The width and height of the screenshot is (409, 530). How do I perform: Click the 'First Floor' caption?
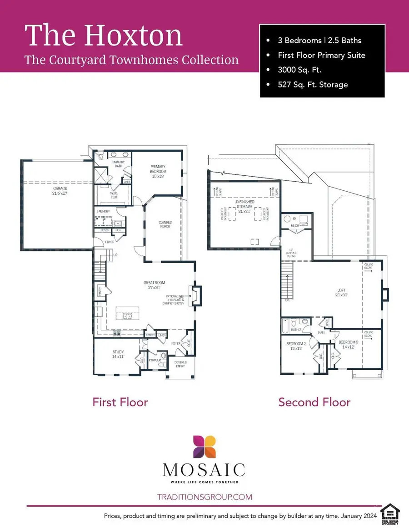[x=120, y=402]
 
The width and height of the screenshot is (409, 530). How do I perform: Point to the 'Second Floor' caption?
[x=314, y=402]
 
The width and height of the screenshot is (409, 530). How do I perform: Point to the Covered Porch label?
[x=165, y=224]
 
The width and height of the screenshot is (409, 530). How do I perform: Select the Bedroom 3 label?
[x=349, y=344]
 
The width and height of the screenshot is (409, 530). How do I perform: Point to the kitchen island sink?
[x=126, y=316]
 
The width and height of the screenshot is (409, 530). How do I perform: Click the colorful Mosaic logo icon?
[x=204, y=447]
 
